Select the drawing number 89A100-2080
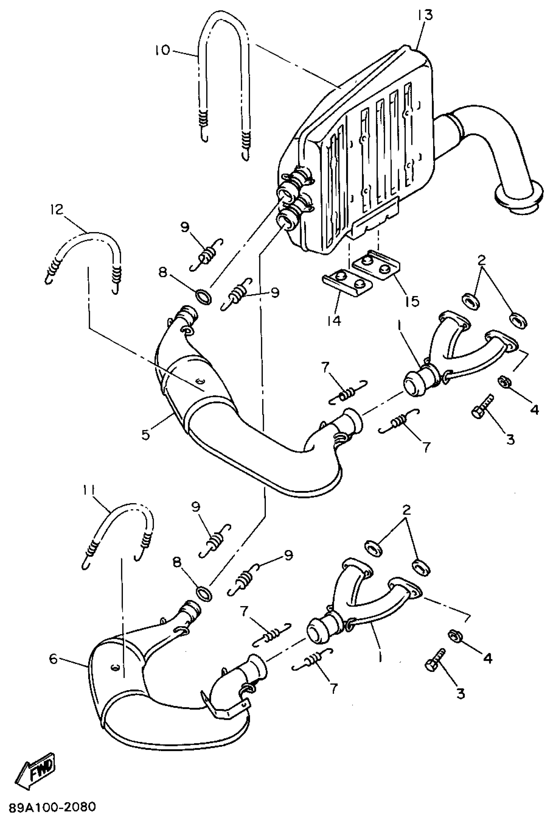coord(52,807)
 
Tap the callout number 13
coord(425,15)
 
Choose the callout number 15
coord(412,301)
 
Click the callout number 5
coord(146,434)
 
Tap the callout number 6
coord(53,658)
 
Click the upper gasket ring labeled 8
coord(204,296)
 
